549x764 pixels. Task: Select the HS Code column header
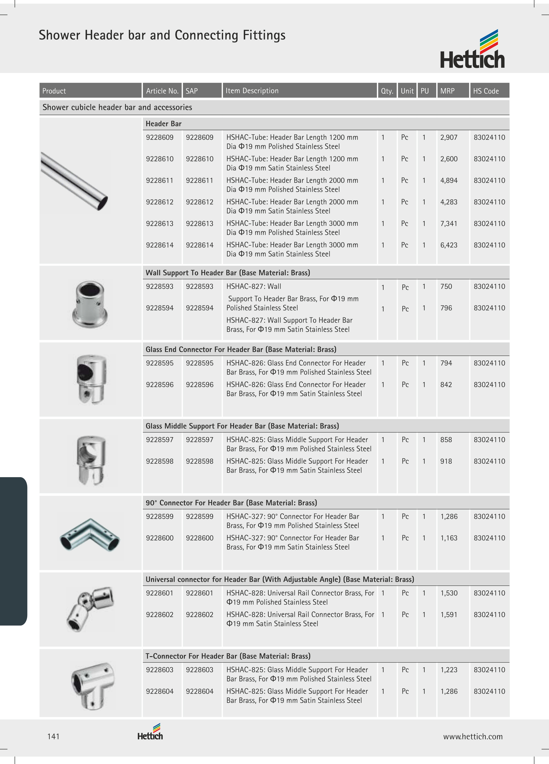coord(486,91)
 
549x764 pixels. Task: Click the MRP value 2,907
coord(449,137)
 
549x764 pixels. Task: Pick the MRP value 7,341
coord(449,224)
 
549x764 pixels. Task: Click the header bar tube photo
coord(74,181)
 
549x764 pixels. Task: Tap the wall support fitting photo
coord(90,304)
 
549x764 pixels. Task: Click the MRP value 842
coord(446,385)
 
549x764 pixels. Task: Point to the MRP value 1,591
coord(449,615)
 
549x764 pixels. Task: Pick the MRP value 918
coord(446,461)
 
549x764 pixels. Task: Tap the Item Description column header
coord(252,91)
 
